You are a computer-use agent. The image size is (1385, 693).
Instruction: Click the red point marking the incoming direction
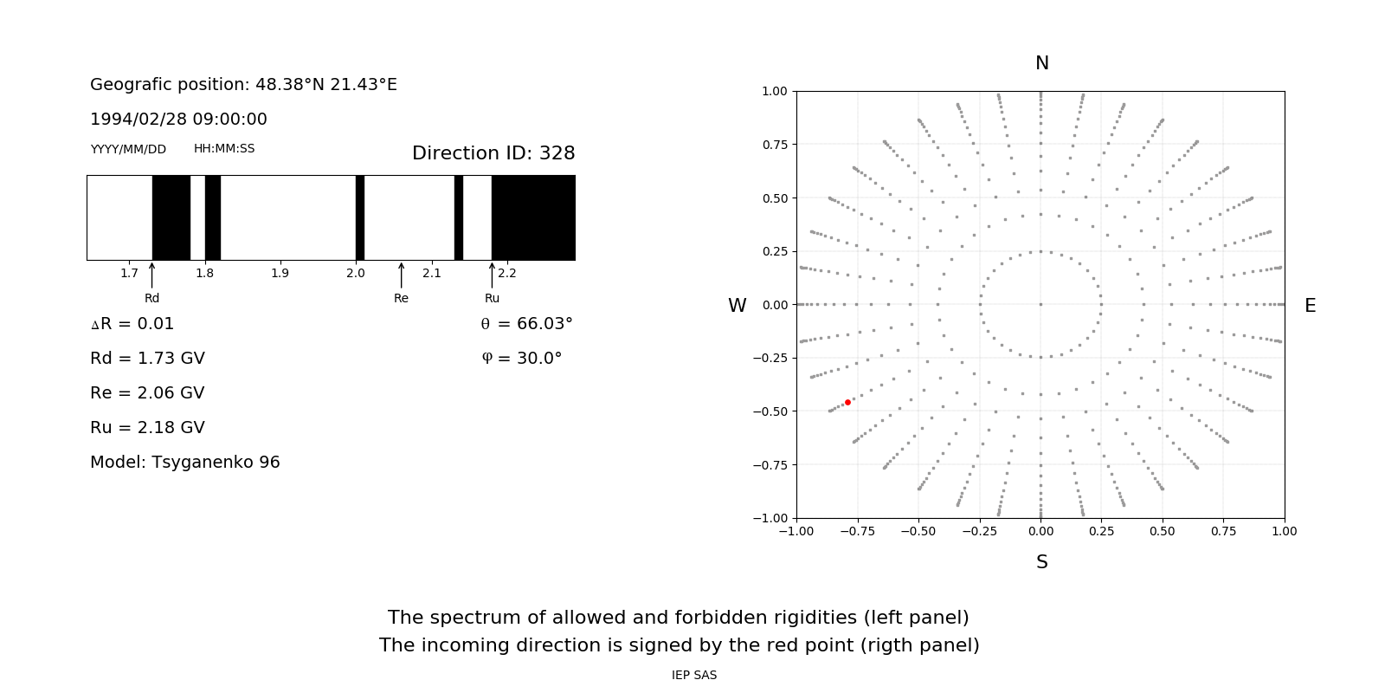847,402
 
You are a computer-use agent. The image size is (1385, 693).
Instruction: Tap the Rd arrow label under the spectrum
152,298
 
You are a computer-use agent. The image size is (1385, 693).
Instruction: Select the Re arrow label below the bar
401,298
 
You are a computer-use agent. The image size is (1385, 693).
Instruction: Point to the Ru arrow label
492,298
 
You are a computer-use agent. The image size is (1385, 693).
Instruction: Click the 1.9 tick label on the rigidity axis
280,273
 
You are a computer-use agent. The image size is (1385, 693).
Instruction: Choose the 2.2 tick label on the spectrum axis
506,273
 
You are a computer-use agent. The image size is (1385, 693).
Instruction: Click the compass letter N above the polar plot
1041,63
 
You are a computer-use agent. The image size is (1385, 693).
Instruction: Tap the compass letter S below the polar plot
1041,562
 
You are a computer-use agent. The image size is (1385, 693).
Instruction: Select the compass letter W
737,306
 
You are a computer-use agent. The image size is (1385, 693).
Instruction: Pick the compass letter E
1310,306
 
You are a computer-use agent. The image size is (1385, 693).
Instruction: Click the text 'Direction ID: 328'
493,153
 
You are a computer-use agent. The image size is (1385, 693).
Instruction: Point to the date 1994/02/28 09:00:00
178,119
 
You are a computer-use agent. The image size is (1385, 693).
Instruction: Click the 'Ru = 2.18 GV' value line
147,427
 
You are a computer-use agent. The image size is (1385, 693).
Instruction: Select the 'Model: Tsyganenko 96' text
185,462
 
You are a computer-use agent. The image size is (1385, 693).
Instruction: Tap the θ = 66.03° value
526,323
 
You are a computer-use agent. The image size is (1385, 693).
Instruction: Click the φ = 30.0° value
521,358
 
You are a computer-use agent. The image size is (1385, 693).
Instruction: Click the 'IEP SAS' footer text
694,675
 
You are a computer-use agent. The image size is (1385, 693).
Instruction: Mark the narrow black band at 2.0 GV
359,217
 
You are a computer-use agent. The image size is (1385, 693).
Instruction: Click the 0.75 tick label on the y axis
774,145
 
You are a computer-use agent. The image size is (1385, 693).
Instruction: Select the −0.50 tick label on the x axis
918,531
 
